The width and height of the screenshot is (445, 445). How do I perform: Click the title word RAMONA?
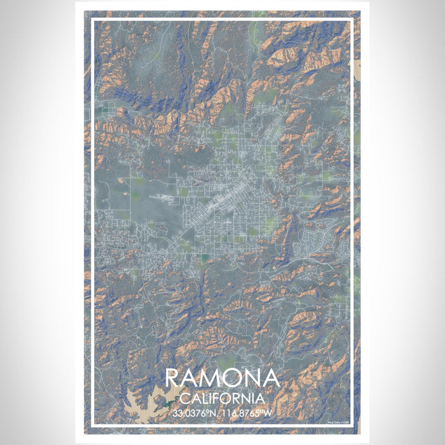click(x=222, y=378)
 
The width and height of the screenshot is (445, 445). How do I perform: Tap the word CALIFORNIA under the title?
click(x=222, y=399)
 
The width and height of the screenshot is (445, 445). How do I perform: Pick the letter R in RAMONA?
click(x=174, y=378)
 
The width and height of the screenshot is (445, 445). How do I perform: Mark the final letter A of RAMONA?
click(x=271, y=378)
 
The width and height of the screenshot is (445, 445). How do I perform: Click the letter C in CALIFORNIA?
click(x=184, y=399)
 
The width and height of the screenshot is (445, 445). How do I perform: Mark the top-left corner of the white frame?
click(x=93, y=20)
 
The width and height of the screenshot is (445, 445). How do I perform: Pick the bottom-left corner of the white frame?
click(x=93, y=425)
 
